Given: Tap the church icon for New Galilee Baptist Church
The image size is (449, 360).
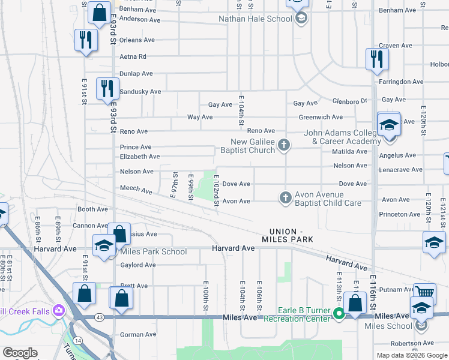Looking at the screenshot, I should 285,145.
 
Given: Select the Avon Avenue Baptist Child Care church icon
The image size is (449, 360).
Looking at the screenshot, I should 285,197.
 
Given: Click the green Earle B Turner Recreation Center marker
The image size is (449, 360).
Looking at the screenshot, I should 339,313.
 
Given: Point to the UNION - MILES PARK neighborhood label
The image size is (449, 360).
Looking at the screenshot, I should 291,235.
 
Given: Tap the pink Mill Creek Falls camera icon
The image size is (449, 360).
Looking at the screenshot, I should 59,310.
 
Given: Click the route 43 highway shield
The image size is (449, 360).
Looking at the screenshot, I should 98,317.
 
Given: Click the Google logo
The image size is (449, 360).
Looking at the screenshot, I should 20,353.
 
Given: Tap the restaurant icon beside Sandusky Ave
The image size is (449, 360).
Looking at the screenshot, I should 106,88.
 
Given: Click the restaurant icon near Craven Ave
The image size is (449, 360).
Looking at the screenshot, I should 378,58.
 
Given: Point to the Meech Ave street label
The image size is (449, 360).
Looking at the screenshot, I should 136,190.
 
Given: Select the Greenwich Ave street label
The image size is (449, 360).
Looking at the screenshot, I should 320,117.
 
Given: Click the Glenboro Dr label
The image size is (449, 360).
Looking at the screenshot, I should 349,101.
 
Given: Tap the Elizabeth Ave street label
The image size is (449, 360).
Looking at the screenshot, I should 139,157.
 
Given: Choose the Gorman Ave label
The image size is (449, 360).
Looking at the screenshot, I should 138,334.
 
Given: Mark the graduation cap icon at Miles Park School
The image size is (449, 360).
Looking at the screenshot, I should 104,245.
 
